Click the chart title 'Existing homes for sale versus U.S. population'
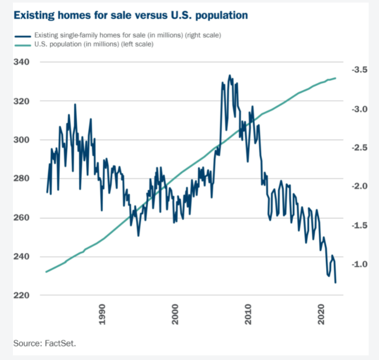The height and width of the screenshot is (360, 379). click(131, 15)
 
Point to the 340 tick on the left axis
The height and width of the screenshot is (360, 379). click(22, 62)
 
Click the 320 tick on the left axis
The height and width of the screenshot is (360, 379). click(22, 101)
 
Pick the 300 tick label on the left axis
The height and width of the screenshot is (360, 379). click(22, 140)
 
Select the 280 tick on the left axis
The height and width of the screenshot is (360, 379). click(22, 178)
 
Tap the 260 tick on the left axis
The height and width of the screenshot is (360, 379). click(22, 218)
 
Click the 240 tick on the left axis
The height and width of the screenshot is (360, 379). click(22, 256)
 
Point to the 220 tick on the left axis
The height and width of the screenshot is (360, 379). click(22, 295)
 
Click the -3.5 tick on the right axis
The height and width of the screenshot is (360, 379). click(359, 70)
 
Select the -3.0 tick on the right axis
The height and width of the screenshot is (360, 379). click(359, 109)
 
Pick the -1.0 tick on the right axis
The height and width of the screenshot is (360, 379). click(359, 264)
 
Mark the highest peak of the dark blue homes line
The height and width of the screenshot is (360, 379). click(230, 75)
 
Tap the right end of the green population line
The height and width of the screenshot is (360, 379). click(336, 78)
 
